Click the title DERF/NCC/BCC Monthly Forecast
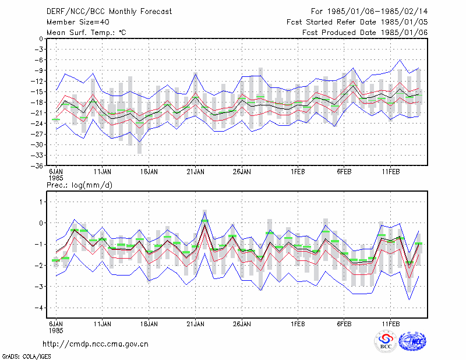tap(109, 12)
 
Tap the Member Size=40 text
tap(78, 22)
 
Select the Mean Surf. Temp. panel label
tap(86, 33)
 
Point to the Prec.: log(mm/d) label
tap(79, 185)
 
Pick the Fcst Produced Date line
tap(365, 33)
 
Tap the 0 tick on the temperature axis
tap(41, 38)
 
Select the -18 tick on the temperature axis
tap(37, 103)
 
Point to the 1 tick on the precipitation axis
tap(41, 202)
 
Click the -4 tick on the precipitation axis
tap(38, 308)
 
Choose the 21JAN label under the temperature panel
tap(195, 172)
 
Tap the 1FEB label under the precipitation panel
tap(298, 324)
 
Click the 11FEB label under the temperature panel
tap(390, 172)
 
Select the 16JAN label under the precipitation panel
tap(149, 324)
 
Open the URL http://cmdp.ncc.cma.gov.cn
tap(96, 344)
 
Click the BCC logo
tap(386, 341)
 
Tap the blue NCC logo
tap(412, 341)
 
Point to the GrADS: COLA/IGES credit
tap(26, 357)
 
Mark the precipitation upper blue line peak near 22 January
tap(205, 213)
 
